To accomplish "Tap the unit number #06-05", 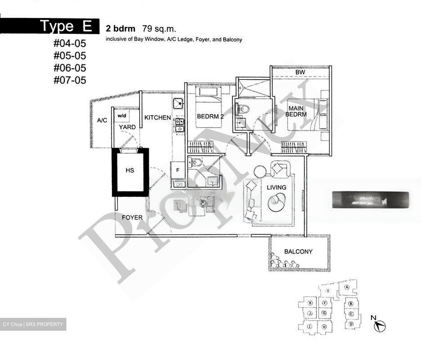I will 70,68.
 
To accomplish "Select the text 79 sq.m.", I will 159,29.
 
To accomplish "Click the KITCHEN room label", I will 158,118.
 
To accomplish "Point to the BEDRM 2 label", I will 210,116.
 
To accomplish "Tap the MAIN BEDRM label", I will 296,112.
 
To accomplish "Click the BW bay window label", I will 300,72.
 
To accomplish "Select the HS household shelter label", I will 130,170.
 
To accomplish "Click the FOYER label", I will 132,217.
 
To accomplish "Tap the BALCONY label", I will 298,251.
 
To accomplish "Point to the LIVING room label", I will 276,187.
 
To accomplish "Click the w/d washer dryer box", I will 122,116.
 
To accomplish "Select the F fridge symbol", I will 177,170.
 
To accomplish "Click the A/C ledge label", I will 102,120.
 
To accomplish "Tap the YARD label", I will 127,127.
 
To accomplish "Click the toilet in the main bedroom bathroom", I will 244,109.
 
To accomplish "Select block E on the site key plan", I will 328,291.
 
